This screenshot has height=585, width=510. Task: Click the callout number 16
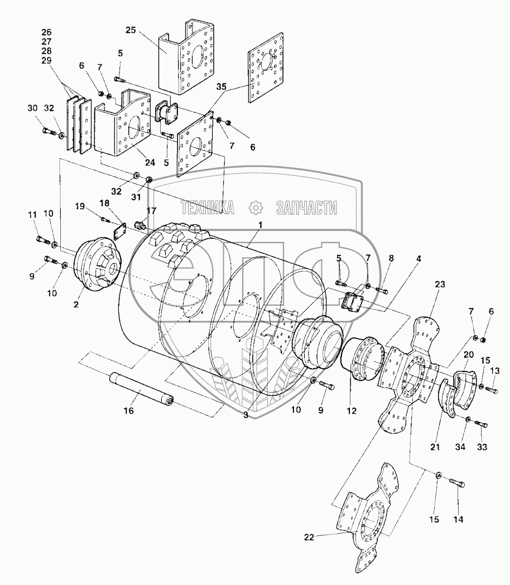(129, 411)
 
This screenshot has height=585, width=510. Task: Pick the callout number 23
(440, 284)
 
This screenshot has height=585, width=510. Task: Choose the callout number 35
(222, 86)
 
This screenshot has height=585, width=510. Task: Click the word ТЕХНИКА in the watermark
(206, 208)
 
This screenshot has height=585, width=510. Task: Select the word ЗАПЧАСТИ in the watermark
(306, 208)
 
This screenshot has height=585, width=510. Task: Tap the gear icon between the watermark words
(256, 208)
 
